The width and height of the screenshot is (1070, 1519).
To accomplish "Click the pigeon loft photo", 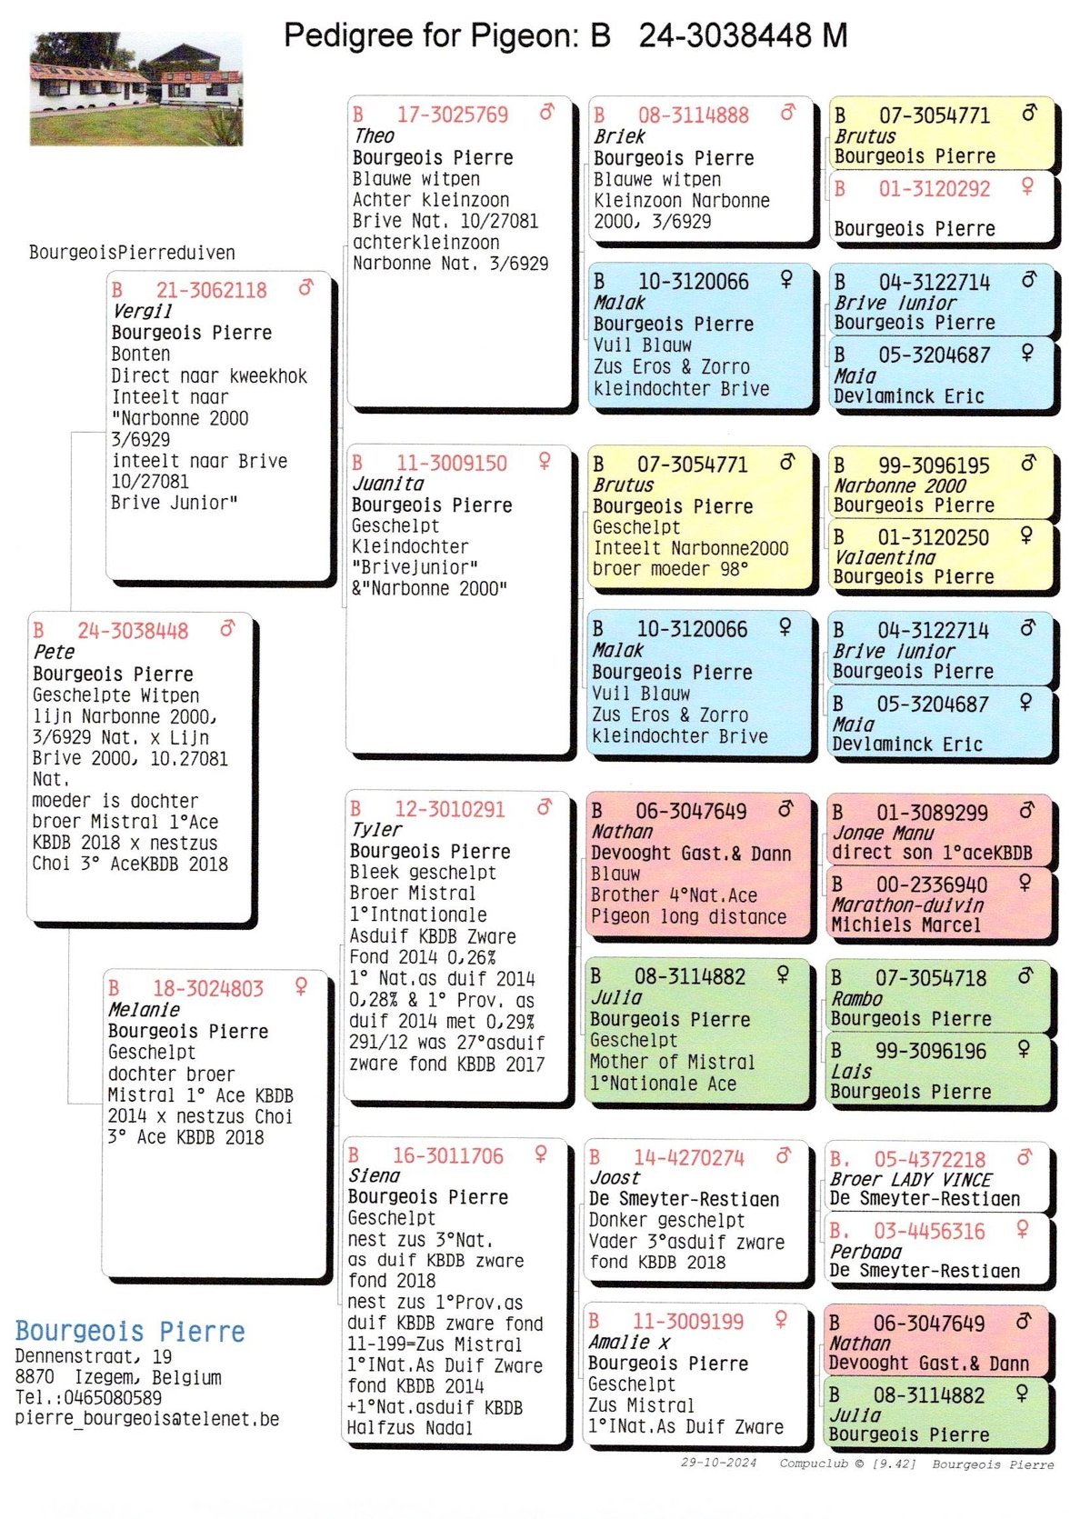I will [x=136, y=89].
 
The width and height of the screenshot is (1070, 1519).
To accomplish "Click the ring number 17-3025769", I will [x=452, y=115].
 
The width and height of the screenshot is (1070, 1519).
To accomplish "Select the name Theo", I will [x=374, y=136].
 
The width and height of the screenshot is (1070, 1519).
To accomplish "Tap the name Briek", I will [x=619, y=136].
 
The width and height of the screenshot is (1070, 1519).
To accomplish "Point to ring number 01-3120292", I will [x=934, y=189].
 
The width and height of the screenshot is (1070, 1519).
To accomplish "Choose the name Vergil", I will [x=142, y=311].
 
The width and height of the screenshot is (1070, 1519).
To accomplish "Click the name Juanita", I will [x=388, y=484].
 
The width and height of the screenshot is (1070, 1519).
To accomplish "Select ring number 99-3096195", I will [x=933, y=465].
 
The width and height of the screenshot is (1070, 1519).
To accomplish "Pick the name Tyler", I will [x=375, y=830].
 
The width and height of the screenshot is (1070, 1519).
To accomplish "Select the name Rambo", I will [x=856, y=998].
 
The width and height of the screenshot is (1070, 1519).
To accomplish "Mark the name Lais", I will [x=851, y=1072].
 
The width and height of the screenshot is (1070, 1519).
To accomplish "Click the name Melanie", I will [x=144, y=1010].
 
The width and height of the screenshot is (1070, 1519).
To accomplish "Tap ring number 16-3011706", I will [x=447, y=1156].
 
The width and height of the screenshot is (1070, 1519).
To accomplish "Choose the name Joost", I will [x=615, y=1178].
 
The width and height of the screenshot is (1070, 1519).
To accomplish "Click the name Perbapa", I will [x=865, y=1252].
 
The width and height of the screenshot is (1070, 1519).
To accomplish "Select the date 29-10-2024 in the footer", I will [x=718, y=1463].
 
